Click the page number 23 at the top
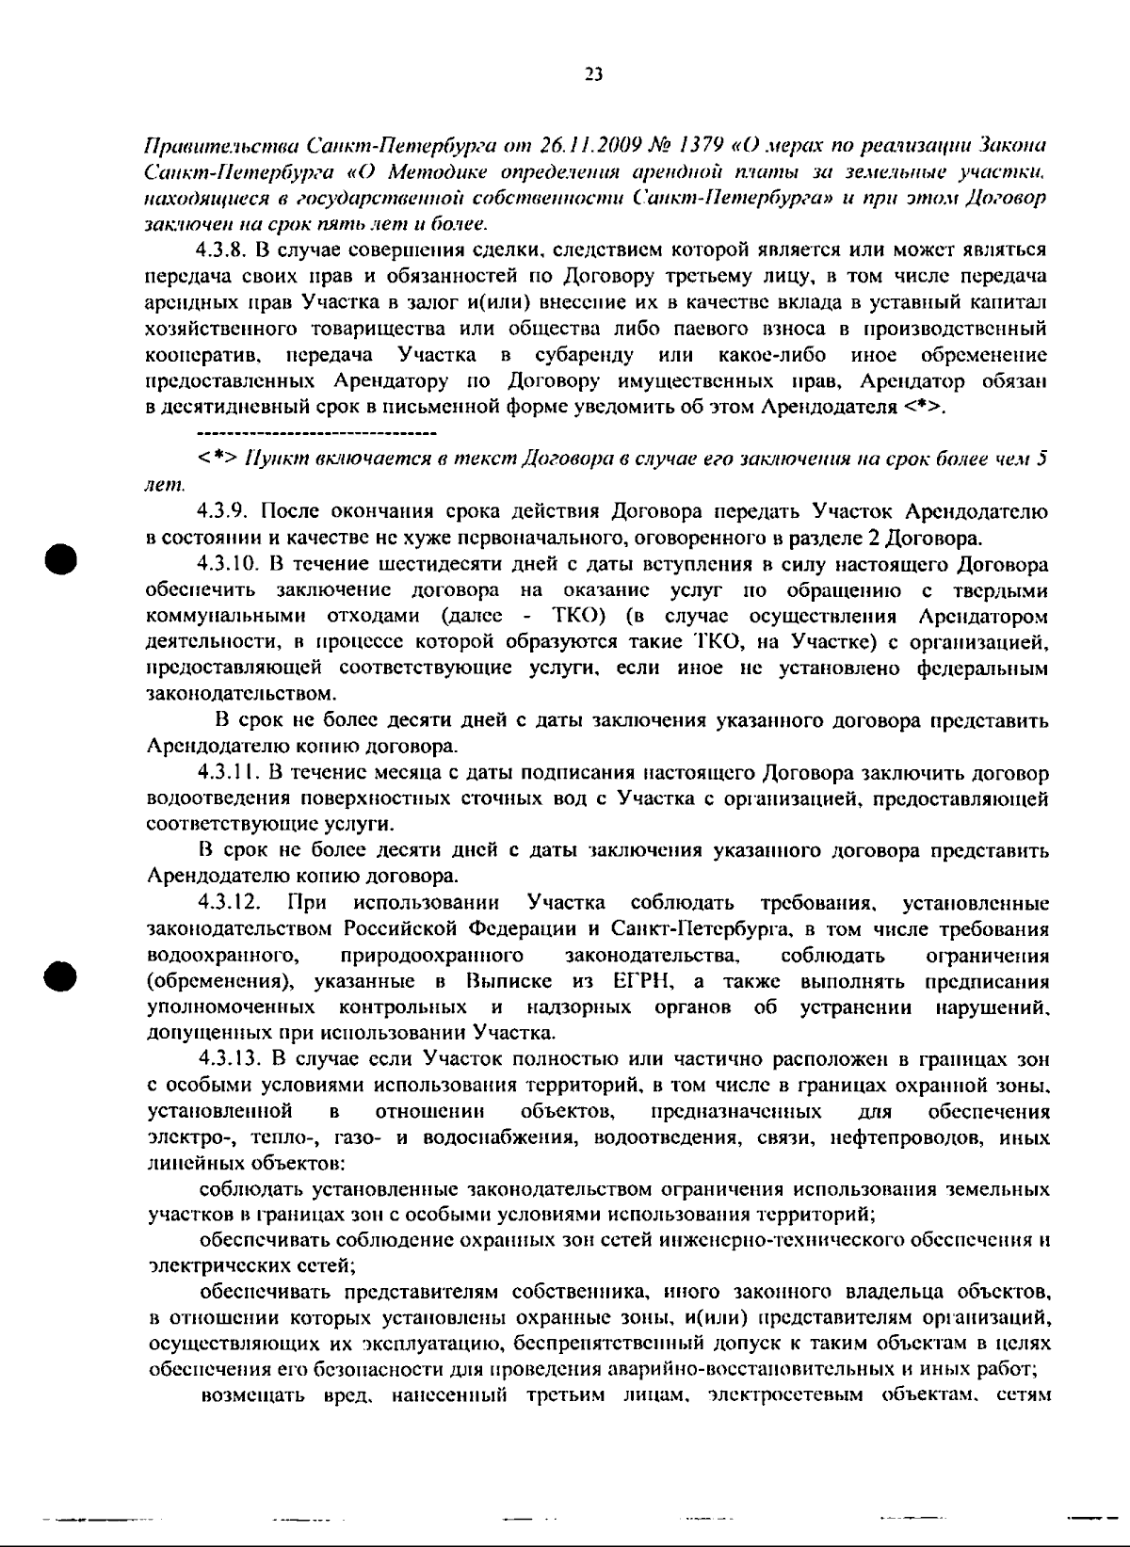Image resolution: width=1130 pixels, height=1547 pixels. pos(593,75)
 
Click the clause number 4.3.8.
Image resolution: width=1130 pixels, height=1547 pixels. pos(224,250)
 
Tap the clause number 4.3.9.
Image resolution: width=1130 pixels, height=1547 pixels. pos(224,512)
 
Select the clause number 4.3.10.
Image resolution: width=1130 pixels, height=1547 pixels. pos(228,565)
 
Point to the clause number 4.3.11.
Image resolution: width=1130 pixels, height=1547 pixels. pos(228,774)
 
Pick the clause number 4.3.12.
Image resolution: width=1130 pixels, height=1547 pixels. pos(229,904)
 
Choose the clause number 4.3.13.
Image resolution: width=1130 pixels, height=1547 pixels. pos(228,1059)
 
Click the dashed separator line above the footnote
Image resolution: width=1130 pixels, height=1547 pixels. pos(316,433)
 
